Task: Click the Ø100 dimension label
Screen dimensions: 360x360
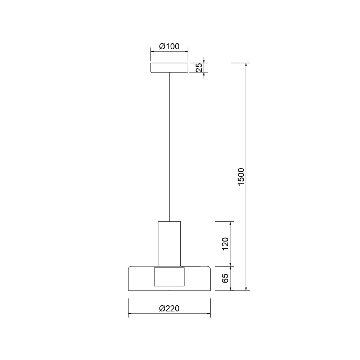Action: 169,46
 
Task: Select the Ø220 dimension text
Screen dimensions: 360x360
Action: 169,309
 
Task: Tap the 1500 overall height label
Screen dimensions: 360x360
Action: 241,176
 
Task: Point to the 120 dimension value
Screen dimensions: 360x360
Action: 226,244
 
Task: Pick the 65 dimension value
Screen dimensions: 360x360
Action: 226,278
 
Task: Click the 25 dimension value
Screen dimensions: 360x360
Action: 199,68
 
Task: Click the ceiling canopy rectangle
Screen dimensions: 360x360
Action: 169,68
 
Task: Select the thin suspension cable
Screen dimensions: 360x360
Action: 169,147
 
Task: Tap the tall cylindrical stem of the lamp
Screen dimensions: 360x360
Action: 169,244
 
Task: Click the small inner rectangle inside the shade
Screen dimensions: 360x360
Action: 169,276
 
